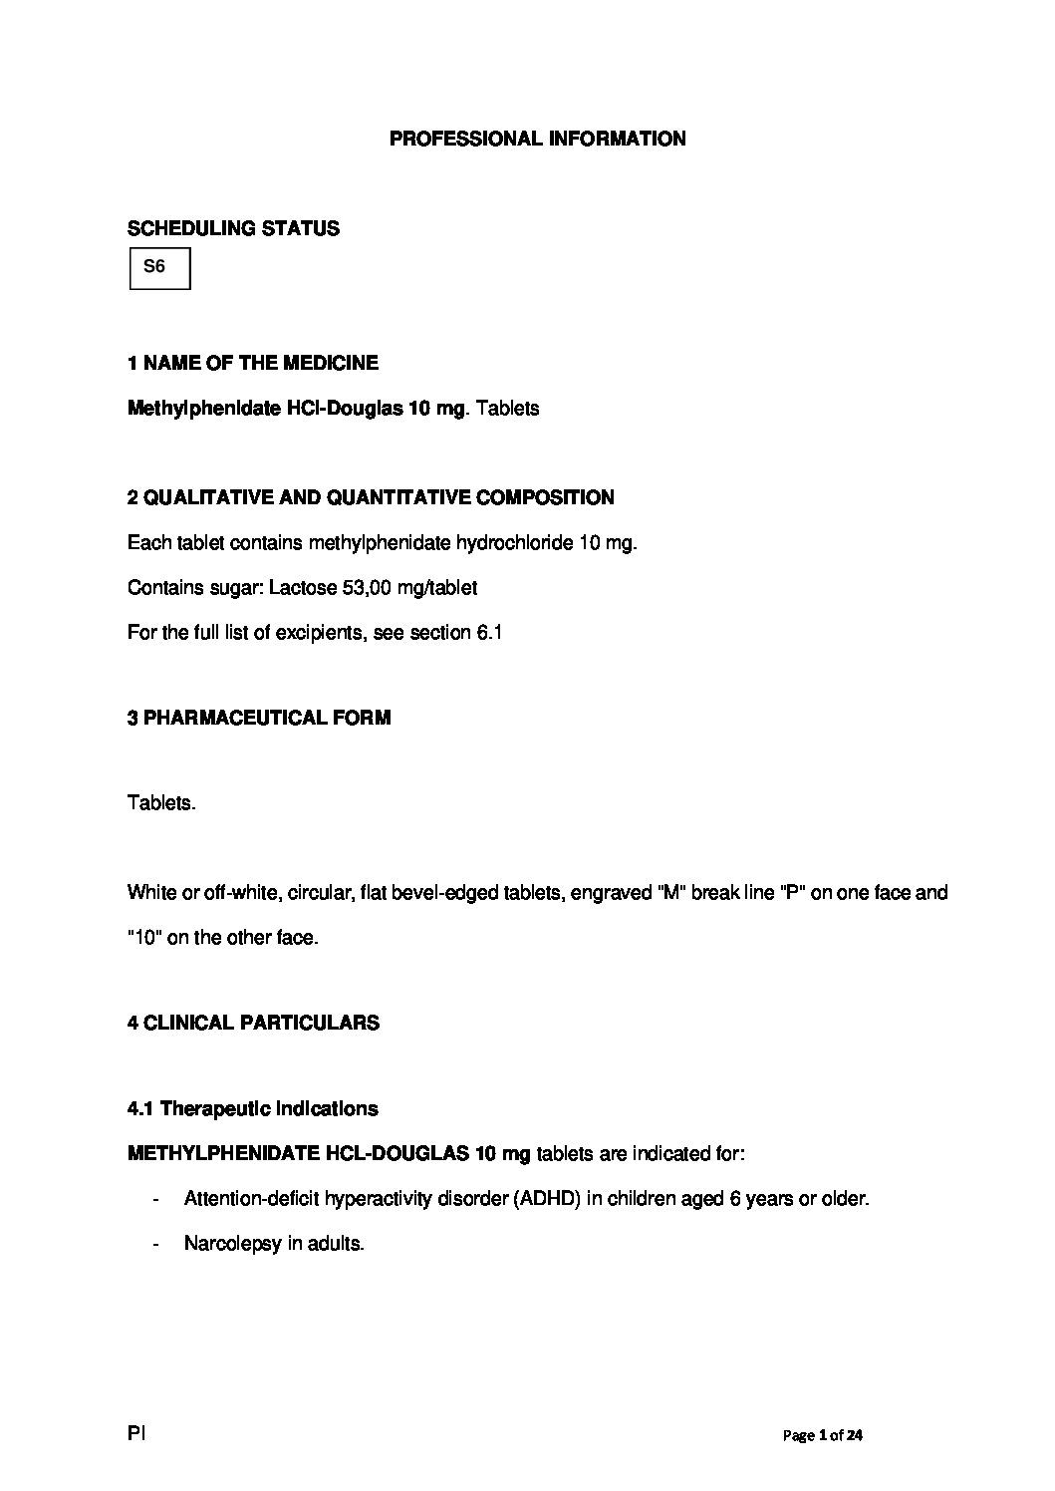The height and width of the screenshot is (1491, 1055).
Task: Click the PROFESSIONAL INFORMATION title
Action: point(537,139)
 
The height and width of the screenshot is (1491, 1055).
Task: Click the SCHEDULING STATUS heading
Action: point(233,228)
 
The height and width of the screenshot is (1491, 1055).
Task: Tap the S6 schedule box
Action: point(159,269)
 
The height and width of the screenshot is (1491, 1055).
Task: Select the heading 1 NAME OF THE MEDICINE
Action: point(253,363)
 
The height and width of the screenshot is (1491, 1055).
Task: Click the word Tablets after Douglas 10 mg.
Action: point(508,409)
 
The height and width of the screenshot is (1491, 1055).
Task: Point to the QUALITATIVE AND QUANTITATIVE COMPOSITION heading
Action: point(371,497)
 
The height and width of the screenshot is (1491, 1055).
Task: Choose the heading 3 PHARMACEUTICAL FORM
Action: point(259,718)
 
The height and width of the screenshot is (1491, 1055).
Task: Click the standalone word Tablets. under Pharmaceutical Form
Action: point(161,803)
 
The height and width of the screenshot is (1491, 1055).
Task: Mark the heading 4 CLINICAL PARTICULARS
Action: point(253,1023)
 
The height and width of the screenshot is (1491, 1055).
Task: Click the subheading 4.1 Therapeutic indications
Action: point(253,1108)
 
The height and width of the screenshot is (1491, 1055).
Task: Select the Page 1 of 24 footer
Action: point(823,1435)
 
